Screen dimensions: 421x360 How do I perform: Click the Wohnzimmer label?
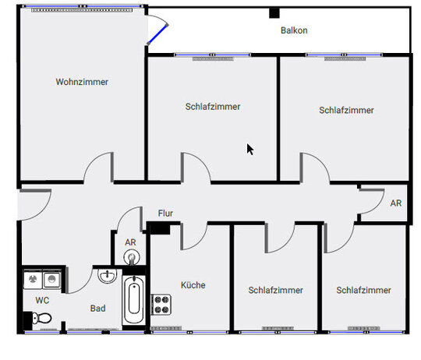(x=82, y=82)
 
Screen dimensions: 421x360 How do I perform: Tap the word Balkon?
(x=294, y=30)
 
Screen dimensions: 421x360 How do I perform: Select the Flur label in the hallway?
(x=165, y=214)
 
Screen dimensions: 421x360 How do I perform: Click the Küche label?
(x=193, y=285)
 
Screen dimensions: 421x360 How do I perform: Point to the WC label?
(x=42, y=300)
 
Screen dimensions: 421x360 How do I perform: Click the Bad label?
(x=97, y=309)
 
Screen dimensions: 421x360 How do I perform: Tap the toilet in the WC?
(x=41, y=318)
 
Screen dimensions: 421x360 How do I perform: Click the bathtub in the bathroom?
(x=134, y=300)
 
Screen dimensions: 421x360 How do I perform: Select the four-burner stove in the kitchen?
(x=161, y=305)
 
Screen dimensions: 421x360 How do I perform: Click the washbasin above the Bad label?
(x=107, y=276)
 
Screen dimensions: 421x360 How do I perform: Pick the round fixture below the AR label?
(x=132, y=258)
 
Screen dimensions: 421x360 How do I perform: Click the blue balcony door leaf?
(x=157, y=34)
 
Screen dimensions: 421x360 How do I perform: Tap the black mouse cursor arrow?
(x=250, y=150)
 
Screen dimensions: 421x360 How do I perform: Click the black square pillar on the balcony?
(x=274, y=13)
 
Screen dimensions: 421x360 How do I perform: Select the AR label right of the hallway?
(x=396, y=203)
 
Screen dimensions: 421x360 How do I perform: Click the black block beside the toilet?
(x=27, y=321)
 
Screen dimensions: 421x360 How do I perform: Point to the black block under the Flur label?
(x=158, y=228)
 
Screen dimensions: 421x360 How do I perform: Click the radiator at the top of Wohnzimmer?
(x=82, y=10)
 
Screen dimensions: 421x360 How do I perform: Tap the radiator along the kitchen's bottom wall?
(x=166, y=328)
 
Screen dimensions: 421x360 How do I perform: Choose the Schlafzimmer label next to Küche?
(x=275, y=290)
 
